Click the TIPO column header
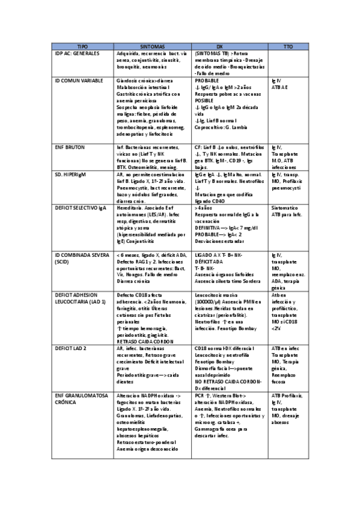(x=82, y=46)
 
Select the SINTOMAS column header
(x=153, y=46)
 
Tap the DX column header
(x=219, y=46)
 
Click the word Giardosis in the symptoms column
(x=129, y=80)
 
